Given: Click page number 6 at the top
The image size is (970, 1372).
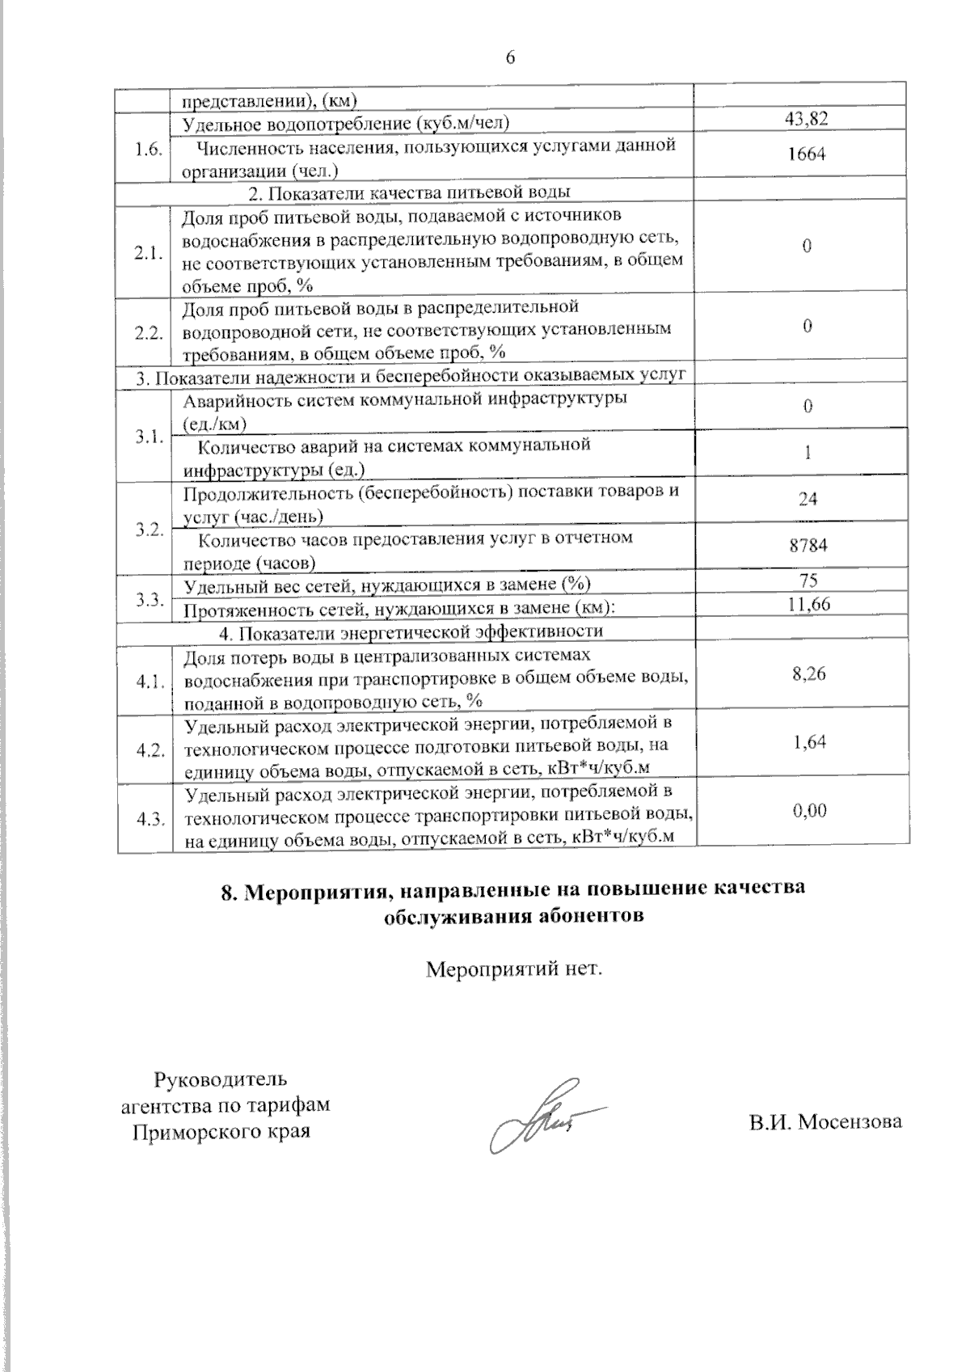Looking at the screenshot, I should click(510, 57).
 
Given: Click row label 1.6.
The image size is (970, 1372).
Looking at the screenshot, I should click(149, 150).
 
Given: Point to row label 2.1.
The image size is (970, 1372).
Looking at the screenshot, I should click(149, 252).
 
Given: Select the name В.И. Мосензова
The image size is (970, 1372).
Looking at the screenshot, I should click(824, 1121).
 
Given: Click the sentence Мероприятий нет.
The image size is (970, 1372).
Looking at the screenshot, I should click(514, 968).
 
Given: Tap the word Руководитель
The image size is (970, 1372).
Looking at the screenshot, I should click(220, 1079).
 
